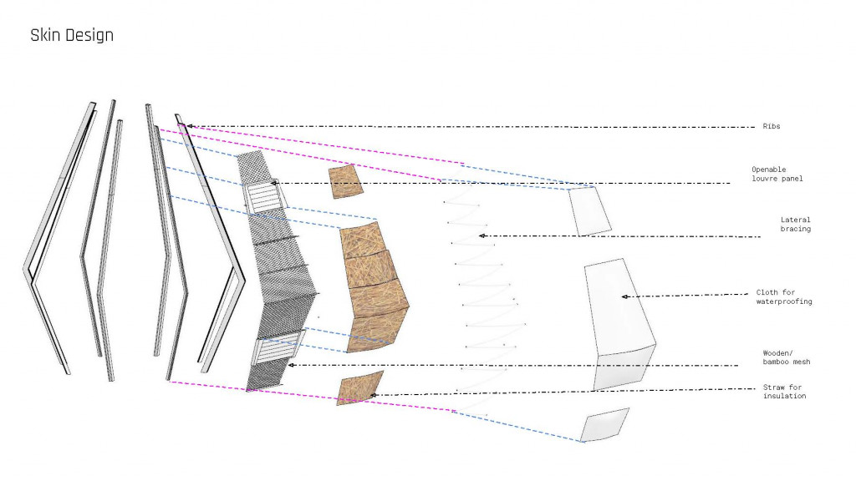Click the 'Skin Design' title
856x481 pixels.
(72, 35)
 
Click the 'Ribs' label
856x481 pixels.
(771, 126)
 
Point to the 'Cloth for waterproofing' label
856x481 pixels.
(783, 296)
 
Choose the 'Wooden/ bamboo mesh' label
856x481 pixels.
(786, 357)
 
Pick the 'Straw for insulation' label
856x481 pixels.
(784, 391)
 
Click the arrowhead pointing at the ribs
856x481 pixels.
(190, 126)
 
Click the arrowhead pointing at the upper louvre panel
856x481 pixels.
(273, 183)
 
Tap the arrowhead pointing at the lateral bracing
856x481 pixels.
(481, 236)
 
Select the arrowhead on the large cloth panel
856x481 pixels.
(624, 296)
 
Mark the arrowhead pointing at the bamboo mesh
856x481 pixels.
(290, 365)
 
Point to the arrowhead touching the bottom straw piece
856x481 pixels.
(373, 394)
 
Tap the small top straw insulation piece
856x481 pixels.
(345, 181)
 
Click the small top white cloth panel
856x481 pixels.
(589, 210)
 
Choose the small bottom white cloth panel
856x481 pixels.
(604, 425)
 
